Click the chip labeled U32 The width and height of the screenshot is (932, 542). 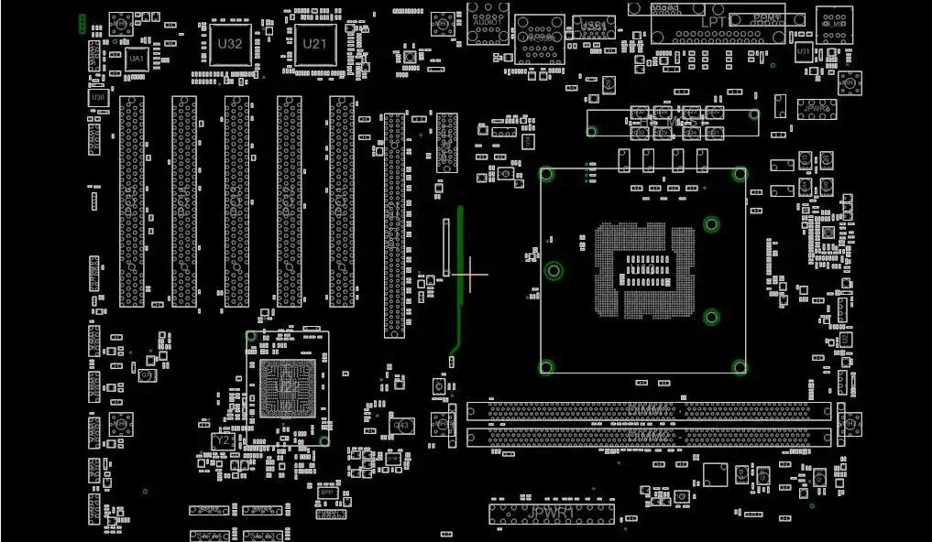tap(230, 44)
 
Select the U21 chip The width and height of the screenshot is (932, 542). tap(314, 44)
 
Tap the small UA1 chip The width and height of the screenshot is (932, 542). tap(137, 59)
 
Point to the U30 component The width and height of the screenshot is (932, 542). tap(98, 97)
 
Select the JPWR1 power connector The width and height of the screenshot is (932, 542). tap(551, 513)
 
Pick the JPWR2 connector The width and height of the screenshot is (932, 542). tap(816, 108)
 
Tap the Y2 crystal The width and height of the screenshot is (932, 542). tap(222, 440)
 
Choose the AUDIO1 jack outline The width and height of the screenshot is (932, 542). tap(488, 24)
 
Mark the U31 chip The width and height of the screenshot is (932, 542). tap(803, 52)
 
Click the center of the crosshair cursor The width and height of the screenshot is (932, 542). tap(471, 274)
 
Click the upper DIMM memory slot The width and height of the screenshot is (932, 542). tap(649, 411)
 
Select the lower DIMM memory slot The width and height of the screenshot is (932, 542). tap(649, 438)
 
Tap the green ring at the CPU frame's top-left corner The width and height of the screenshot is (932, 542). tap(547, 173)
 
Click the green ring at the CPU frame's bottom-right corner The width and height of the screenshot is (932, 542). tap(739, 367)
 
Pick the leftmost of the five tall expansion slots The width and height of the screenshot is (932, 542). tap(132, 201)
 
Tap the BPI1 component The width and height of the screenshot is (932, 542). tap(327, 493)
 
